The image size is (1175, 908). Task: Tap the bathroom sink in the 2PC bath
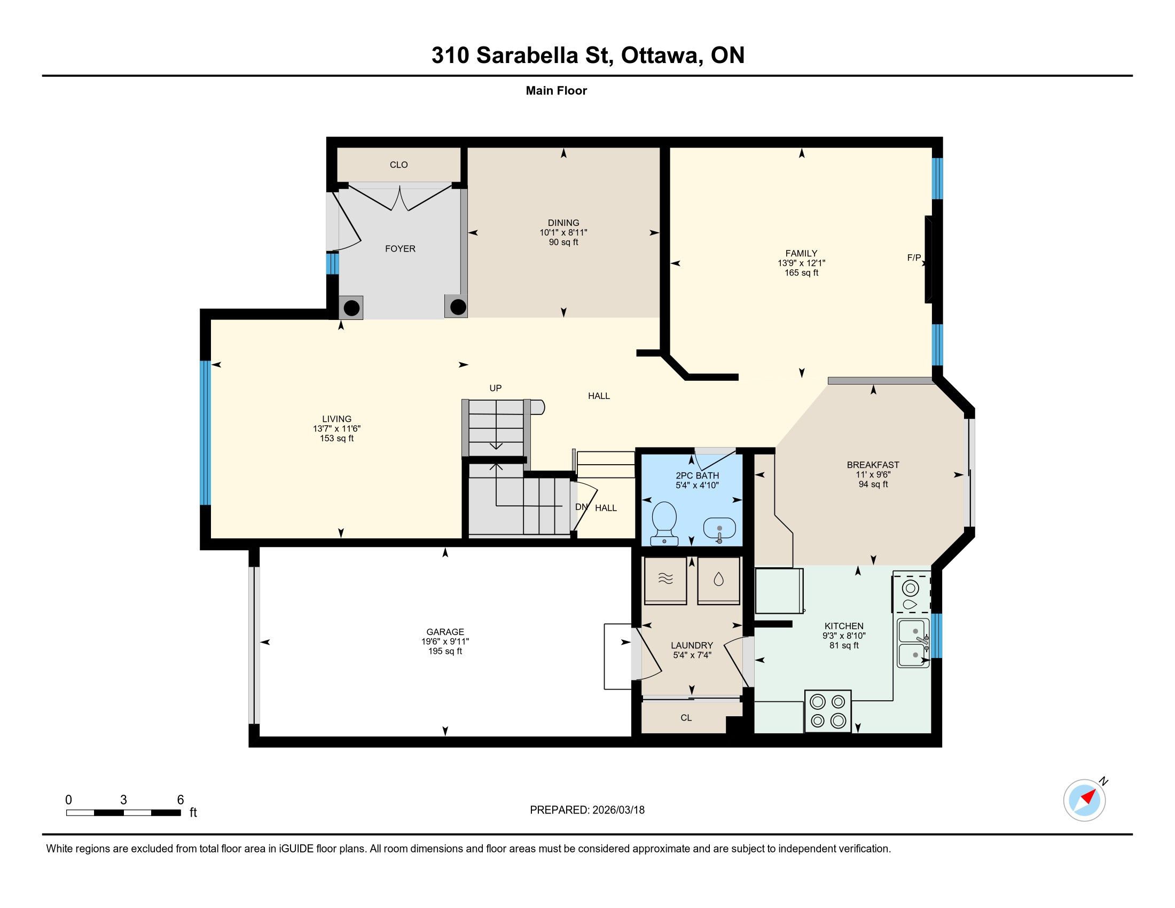click(720, 530)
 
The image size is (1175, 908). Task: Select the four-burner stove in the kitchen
click(827, 710)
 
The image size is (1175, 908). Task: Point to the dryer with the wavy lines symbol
click(665, 580)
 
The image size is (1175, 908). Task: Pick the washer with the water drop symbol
click(719, 580)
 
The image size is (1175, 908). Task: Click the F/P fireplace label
click(913, 257)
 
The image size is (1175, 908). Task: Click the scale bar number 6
click(180, 800)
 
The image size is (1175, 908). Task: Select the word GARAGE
click(445, 632)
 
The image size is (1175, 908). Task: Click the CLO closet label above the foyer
click(398, 165)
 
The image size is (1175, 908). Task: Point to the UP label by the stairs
click(496, 388)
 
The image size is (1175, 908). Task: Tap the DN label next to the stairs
click(581, 507)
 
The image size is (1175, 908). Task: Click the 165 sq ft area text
click(801, 273)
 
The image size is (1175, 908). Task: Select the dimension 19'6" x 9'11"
click(445, 641)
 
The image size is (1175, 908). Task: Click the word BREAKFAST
click(873, 465)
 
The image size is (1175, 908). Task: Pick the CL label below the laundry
click(686, 717)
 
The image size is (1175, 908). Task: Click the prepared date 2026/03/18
click(618, 810)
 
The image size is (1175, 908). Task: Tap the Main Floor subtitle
click(557, 90)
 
